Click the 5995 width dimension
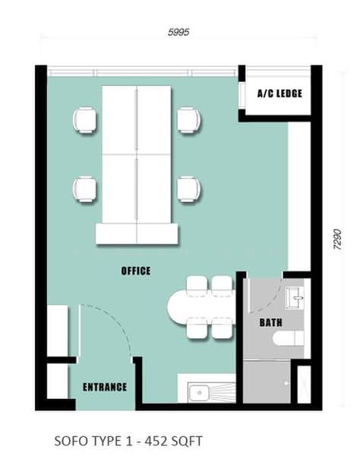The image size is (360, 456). [178, 32]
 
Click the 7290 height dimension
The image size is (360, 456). [337, 239]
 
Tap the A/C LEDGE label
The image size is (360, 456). [279, 93]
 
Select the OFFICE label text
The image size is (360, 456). [136, 271]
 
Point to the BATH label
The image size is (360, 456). [270, 322]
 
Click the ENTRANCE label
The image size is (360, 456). [105, 387]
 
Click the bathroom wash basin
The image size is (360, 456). [295, 297]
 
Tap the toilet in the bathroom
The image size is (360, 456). [289, 338]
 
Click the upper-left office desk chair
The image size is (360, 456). [84, 120]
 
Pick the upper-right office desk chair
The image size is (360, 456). [189, 120]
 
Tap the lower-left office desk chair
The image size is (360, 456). [84, 189]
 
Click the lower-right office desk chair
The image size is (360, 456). [189, 189]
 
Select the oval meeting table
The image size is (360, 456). [201, 306]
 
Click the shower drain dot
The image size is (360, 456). [286, 383]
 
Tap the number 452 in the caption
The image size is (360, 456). [156, 441]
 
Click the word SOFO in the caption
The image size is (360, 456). [71, 441]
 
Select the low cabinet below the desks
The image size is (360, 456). [137, 233]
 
